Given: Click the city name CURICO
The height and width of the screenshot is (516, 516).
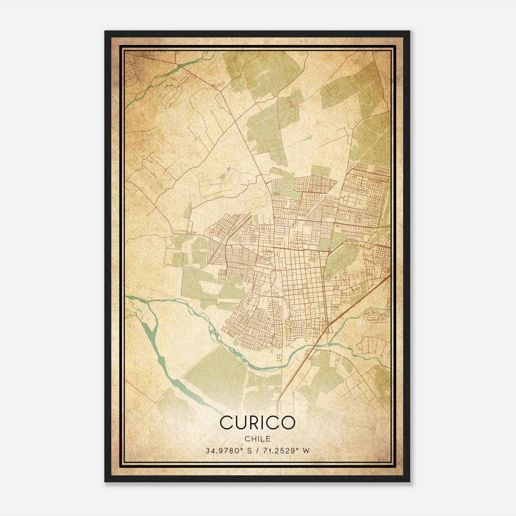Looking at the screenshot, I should coord(257,422).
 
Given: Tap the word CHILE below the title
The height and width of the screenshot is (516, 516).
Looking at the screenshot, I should coord(257,439).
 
